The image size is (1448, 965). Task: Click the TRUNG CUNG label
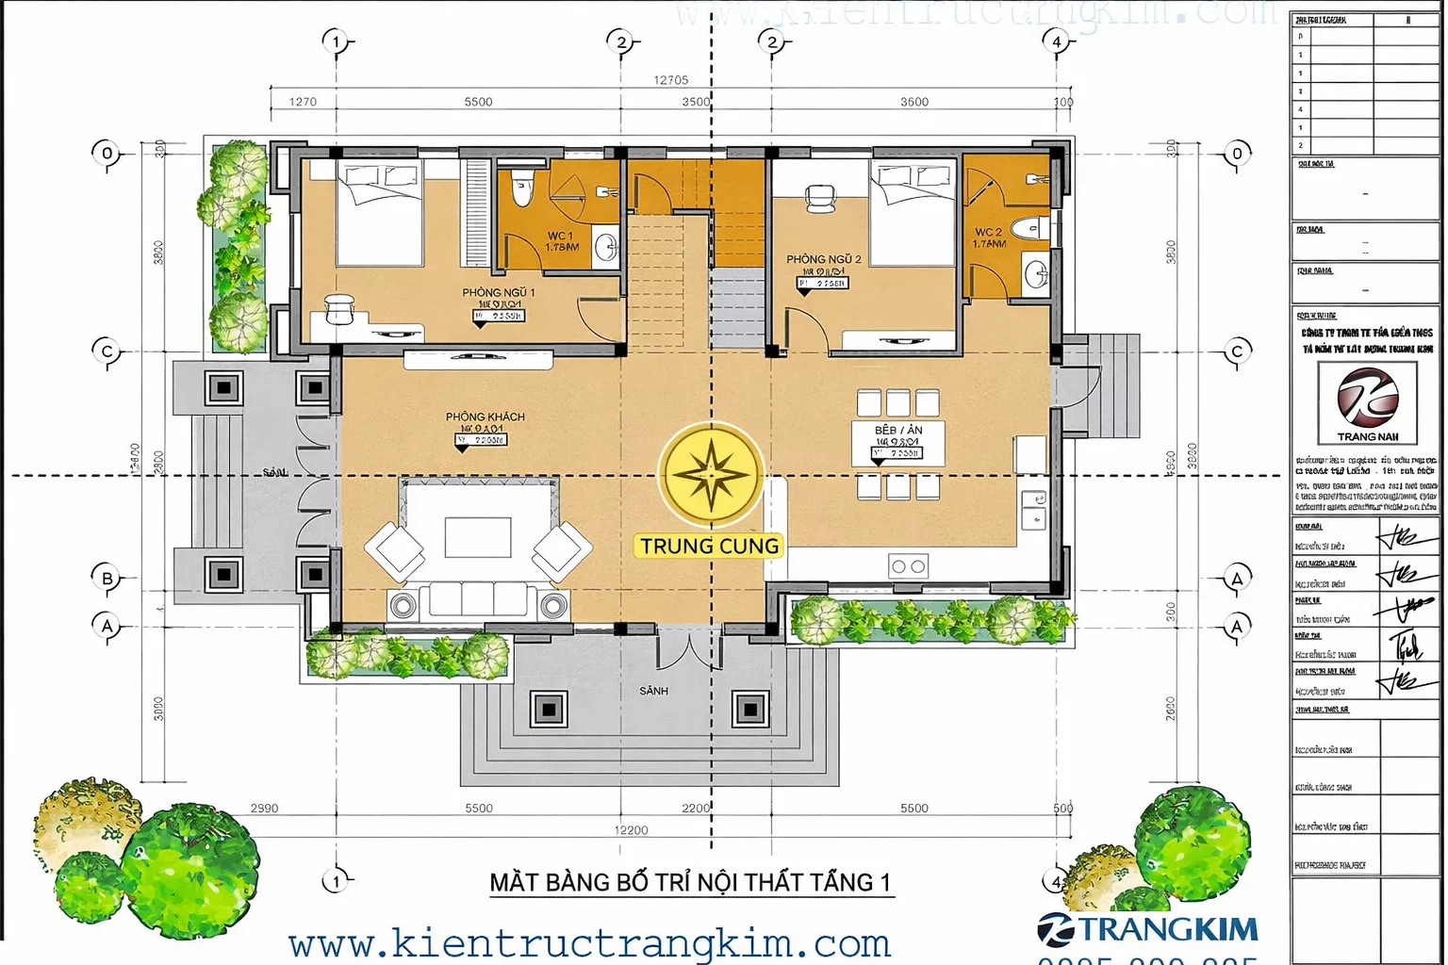point(710,546)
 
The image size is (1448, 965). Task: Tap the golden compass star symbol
point(710,473)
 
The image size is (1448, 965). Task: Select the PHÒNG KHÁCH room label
point(485,417)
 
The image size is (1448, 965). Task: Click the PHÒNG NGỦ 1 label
point(498,292)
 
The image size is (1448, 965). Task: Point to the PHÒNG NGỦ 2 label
point(823,259)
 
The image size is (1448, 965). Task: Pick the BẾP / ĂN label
point(898,430)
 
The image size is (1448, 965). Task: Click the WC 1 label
point(560,236)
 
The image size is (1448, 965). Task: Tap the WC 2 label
point(988,232)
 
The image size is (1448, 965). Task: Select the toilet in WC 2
point(1027,227)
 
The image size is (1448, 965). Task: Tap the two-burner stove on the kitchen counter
point(908,566)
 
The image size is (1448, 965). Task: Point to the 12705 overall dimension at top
point(670,80)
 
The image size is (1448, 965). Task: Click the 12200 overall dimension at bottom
point(631,830)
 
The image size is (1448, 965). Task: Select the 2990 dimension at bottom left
point(264,808)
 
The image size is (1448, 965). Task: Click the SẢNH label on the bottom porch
point(653,691)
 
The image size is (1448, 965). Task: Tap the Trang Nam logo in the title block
point(1367,403)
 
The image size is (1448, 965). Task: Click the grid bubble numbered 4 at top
point(1056,41)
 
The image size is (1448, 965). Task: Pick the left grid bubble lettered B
point(107,579)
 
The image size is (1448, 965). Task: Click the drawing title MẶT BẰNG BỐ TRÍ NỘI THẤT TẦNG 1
point(689,882)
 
